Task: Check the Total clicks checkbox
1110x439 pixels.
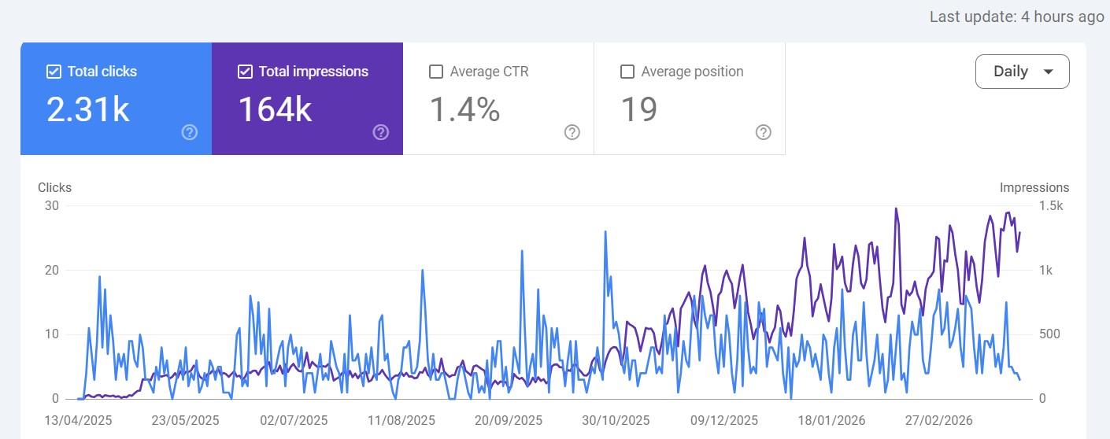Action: (x=54, y=72)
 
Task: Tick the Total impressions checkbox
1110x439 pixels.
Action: (x=245, y=72)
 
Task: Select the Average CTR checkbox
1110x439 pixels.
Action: (x=436, y=72)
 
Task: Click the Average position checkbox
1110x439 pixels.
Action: (x=627, y=72)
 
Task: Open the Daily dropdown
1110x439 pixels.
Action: (x=1022, y=72)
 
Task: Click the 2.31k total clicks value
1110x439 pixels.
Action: (x=87, y=110)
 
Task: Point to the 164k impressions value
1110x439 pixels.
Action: (x=275, y=110)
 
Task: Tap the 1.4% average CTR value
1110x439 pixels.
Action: (x=464, y=110)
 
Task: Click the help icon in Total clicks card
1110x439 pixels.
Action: (x=189, y=132)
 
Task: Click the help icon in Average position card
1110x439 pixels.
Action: (x=763, y=132)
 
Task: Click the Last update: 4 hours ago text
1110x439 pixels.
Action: (x=1016, y=17)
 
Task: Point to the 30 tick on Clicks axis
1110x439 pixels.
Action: (x=52, y=206)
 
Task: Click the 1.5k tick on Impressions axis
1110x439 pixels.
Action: (x=1050, y=206)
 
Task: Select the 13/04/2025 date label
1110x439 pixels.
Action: (x=78, y=420)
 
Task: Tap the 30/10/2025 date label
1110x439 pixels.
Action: (x=615, y=420)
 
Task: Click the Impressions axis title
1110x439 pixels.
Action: (x=1034, y=187)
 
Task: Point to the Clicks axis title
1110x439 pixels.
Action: (x=54, y=187)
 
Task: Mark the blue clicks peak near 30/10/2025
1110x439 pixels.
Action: (x=605, y=231)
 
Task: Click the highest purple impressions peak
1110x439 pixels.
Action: (x=896, y=208)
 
